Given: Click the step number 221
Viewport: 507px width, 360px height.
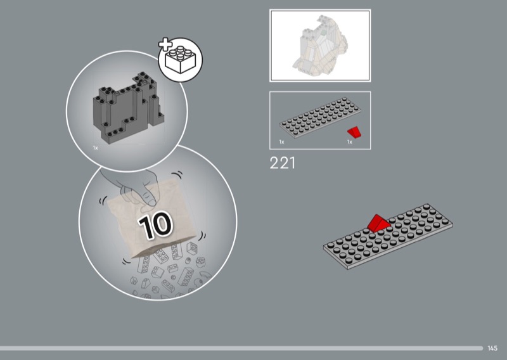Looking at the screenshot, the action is pos(282,163).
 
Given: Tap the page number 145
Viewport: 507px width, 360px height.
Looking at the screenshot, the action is pos(492,348).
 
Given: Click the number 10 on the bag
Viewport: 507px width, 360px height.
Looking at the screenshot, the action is pos(155,225).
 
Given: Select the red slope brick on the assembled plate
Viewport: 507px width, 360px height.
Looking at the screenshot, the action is pos(378,223).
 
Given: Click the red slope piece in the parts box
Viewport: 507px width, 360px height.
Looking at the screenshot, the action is pos(354,132).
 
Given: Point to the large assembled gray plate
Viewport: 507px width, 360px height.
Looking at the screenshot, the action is pos(388,236).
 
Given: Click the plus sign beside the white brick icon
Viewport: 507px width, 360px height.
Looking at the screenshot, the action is pos(165,44).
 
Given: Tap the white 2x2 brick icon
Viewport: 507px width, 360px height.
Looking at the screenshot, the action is pos(181,60).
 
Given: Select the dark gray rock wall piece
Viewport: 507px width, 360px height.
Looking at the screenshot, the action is pos(128,107).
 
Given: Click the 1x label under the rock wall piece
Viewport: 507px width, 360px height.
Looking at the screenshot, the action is pos(96,148).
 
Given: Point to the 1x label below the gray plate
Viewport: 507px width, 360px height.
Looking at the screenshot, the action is pos(281,142).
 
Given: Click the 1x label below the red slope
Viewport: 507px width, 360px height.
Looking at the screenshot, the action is pos(350,142).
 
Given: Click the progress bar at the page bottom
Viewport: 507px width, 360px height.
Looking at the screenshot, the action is pos(241,348).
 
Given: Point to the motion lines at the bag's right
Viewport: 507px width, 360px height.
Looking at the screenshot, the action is pos(202,236).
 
